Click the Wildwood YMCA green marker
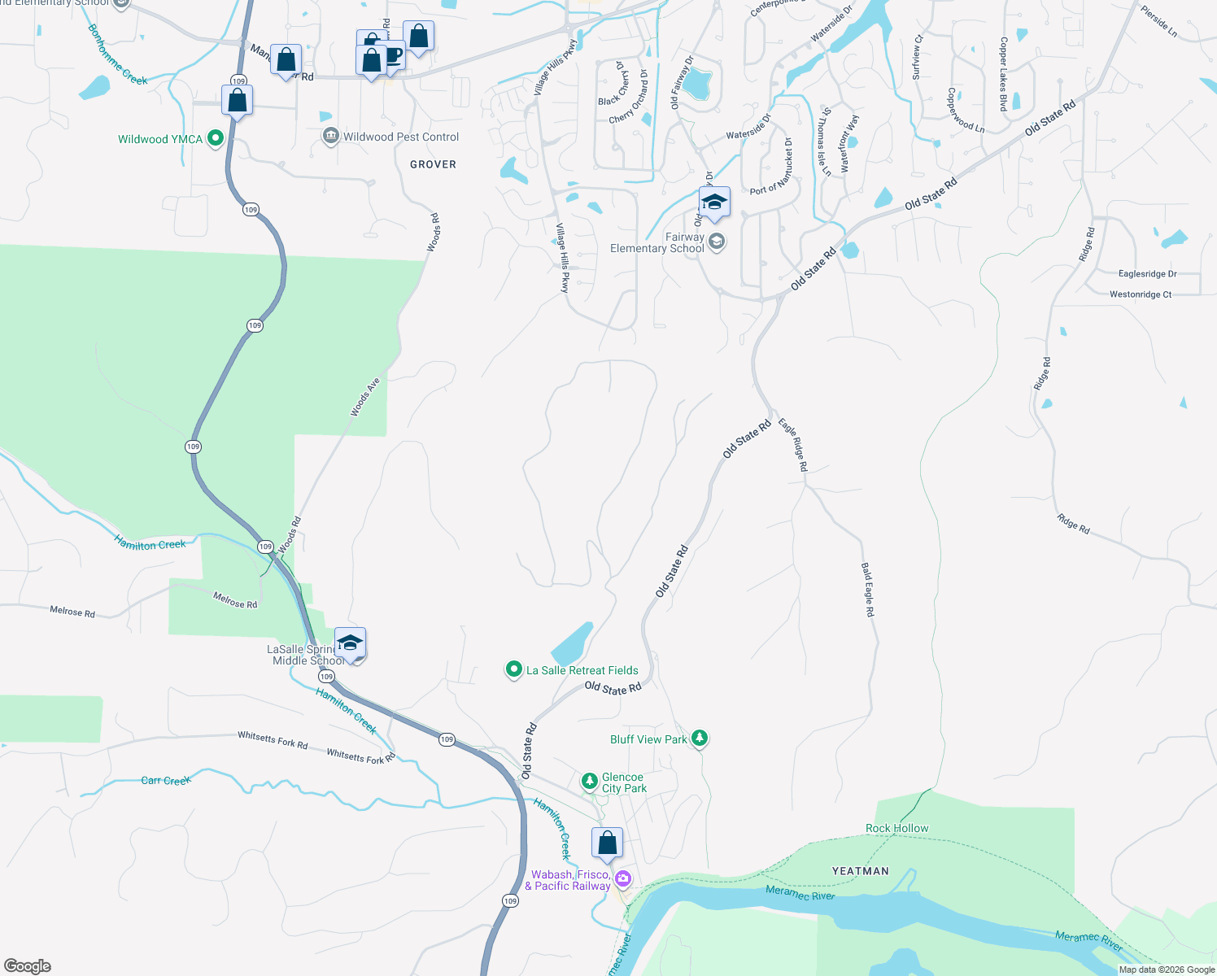click(216, 138)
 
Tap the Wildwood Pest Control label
click(400, 137)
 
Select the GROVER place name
click(433, 164)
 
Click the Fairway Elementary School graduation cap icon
click(714, 203)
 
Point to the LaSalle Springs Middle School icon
click(350, 643)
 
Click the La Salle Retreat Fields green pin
click(513, 669)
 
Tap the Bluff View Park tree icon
click(700, 739)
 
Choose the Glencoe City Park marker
click(590, 782)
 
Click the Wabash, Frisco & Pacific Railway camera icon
click(623, 878)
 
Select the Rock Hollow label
click(896, 828)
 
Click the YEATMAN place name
click(860, 871)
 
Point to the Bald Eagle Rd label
click(868, 590)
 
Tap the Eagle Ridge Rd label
click(792, 445)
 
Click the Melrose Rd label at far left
click(72, 611)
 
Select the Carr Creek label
click(166, 780)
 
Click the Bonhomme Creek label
click(117, 55)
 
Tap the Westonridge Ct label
click(1141, 294)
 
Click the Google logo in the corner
click(28, 965)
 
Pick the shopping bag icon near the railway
click(607, 844)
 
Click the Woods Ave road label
click(365, 397)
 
